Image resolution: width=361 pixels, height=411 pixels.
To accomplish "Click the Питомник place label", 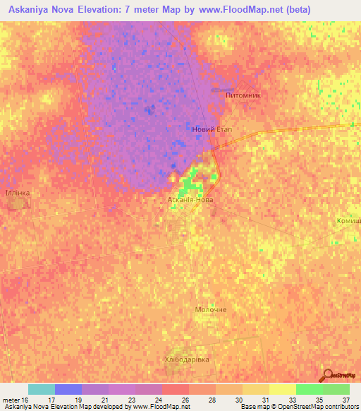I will pyautogui.click(x=242, y=94).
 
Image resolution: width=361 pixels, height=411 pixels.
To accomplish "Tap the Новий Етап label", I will pyautogui.click(x=212, y=129).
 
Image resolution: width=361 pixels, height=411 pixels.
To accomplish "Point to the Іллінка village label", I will pyautogui.click(x=17, y=192).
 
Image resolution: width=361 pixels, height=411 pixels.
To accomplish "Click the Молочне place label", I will pyautogui.click(x=211, y=310).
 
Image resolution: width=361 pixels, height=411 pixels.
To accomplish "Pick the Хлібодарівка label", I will pyautogui.click(x=187, y=359).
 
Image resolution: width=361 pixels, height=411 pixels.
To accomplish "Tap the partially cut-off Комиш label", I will pyautogui.click(x=349, y=221).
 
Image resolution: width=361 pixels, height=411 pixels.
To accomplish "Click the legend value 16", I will pyautogui.click(x=26, y=400).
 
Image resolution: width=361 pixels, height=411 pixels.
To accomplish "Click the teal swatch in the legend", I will pyautogui.click(x=42, y=389).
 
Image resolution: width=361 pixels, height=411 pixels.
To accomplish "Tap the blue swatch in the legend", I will pyautogui.click(x=68, y=389).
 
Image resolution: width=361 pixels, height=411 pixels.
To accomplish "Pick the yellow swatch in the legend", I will pyautogui.click(x=283, y=389).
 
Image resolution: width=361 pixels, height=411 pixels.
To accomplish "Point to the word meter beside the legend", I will pyautogui.click(x=10, y=400).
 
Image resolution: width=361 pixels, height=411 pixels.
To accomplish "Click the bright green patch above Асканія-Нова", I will pyautogui.click(x=187, y=185).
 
